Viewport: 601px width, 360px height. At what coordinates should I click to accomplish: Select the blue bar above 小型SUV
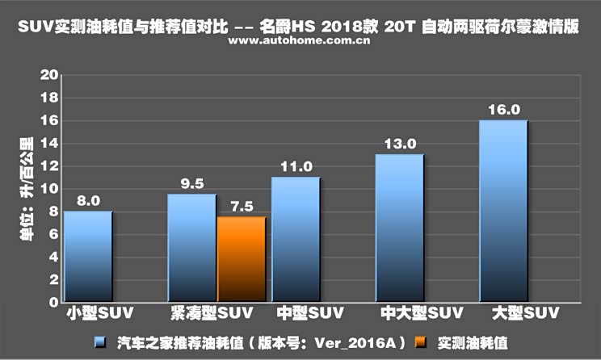pos(88,257)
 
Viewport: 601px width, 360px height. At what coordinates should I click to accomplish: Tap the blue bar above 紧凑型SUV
pos(192,249)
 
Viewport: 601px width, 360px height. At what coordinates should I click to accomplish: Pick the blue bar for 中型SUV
pos(296,240)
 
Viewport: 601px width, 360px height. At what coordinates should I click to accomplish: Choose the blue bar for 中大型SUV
pos(400,228)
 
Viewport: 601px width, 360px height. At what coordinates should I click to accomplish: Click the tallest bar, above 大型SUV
pos(503,211)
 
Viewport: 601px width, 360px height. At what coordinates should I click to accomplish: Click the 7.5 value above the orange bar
pos(241,207)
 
